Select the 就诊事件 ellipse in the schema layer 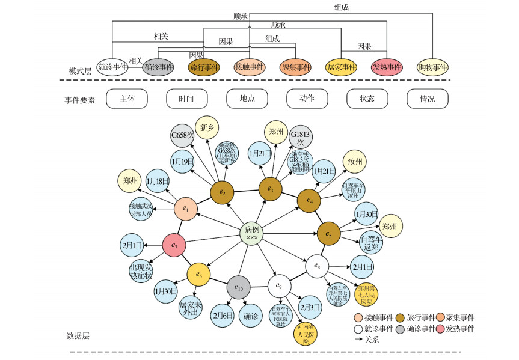[114, 67]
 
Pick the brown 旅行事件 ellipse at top [204, 67]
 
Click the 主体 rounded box [127, 99]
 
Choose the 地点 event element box [247, 99]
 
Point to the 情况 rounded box [428, 99]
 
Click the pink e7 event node [174, 245]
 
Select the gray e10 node [238, 287]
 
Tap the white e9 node [279, 285]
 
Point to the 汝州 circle [355, 162]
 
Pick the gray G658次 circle [182, 136]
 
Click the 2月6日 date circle [223, 316]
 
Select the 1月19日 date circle [182, 162]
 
